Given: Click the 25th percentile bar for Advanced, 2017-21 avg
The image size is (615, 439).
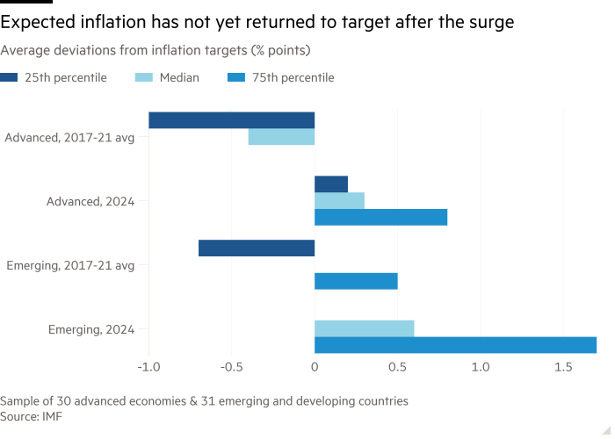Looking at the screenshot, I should pyautogui.click(x=232, y=120).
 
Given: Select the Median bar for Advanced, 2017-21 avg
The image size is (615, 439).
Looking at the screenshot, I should pyautogui.click(x=281, y=137).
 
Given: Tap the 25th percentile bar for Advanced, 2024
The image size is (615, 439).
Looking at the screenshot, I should pyautogui.click(x=331, y=184).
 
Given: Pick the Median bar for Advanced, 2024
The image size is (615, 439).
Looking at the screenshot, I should pyautogui.click(x=339, y=200).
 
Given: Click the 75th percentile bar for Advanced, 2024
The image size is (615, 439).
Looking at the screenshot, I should pyautogui.click(x=381, y=217).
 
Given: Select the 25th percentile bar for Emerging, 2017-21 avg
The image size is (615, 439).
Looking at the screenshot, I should pyautogui.click(x=257, y=248).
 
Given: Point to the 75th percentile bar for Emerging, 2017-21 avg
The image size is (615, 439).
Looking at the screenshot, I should pyautogui.click(x=356, y=281).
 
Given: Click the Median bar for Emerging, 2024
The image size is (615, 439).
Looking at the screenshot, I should pyautogui.click(x=365, y=328).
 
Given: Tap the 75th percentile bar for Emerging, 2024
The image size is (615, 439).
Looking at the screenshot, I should pyautogui.click(x=456, y=344).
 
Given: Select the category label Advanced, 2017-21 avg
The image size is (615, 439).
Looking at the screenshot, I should pyautogui.click(x=69, y=137).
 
